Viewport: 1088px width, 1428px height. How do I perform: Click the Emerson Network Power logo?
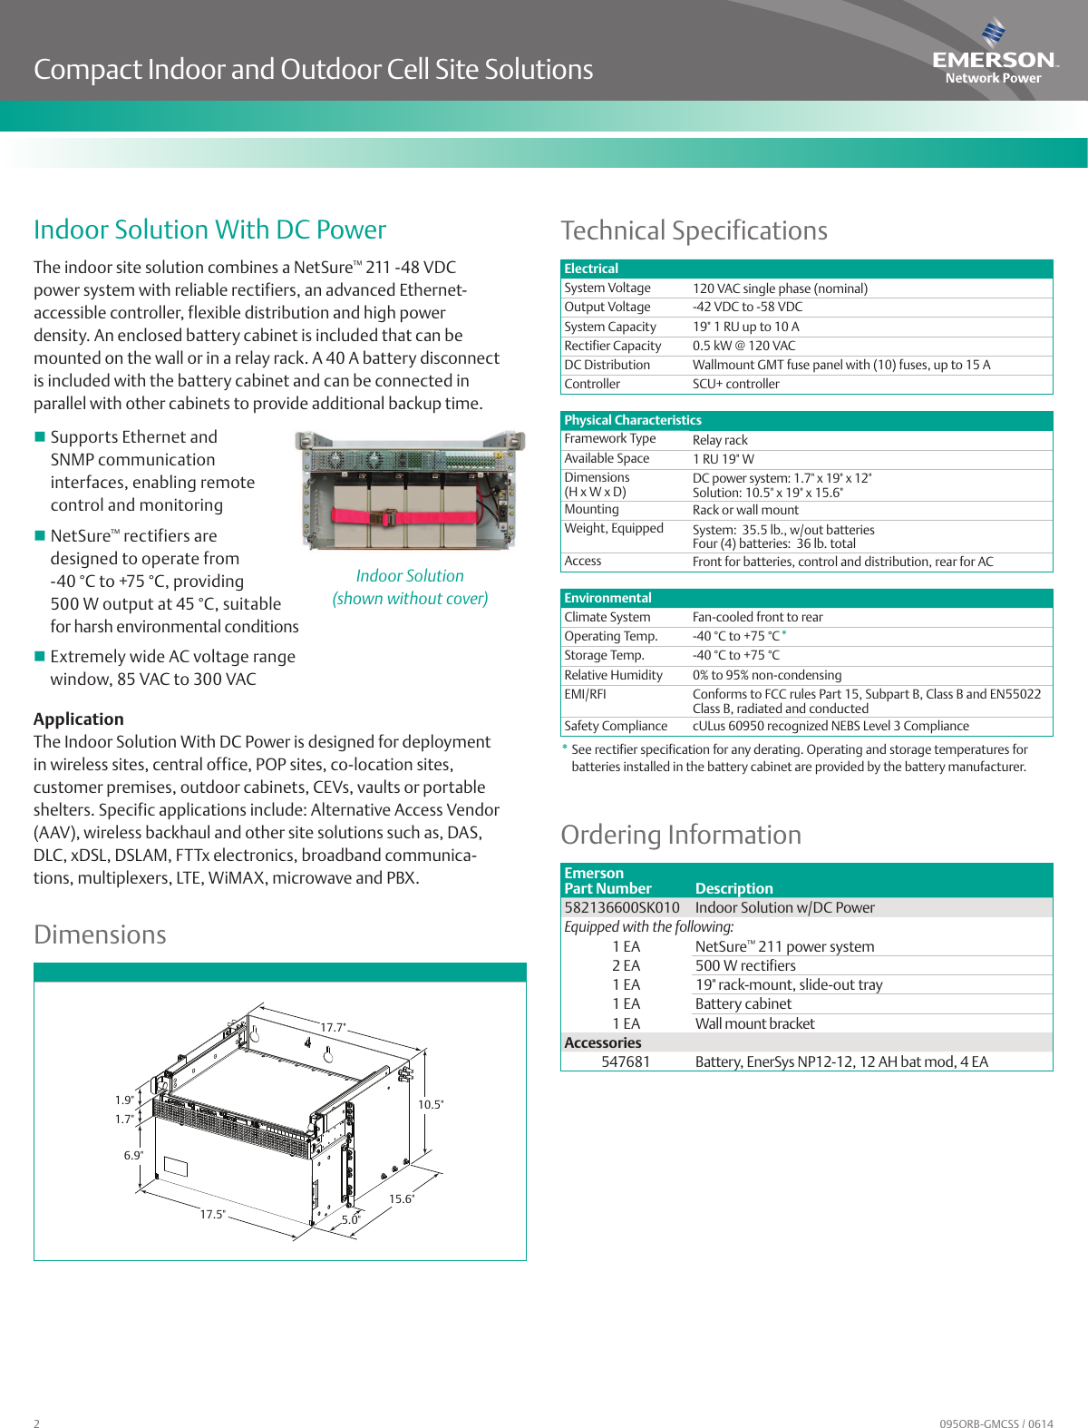[x=994, y=54]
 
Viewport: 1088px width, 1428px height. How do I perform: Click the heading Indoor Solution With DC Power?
[x=209, y=230]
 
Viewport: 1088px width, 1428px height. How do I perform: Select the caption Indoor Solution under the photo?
[x=410, y=576]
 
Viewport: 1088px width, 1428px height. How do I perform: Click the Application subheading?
[x=79, y=719]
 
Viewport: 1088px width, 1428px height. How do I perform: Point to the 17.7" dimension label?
[x=333, y=1028]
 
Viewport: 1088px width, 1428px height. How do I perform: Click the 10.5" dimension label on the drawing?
[x=431, y=1104]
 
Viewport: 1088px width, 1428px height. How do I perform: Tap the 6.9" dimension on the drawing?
[x=133, y=1155]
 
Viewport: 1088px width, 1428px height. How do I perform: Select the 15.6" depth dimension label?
[x=402, y=1198]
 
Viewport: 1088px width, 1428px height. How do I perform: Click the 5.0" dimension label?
[x=351, y=1219]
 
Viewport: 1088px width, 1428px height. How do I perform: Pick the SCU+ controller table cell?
[x=735, y=384]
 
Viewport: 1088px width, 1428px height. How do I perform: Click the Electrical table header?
[x=591, y=269]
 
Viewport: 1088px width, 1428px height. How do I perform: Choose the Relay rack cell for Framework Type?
[x=720, y=440]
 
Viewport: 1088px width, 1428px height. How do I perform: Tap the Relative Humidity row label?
[x=613, y=675]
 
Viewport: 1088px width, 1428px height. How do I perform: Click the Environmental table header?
[x=607, y=598]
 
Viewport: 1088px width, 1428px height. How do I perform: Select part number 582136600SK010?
[x=622, y=907]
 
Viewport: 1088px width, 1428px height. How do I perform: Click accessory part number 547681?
[x=626, y=1061]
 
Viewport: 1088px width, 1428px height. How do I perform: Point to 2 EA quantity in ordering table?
[x=626, y=965]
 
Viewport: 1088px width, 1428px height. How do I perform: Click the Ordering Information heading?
[x=681, y=835]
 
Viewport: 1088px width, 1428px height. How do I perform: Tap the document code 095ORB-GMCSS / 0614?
[x=996, y=1423]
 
